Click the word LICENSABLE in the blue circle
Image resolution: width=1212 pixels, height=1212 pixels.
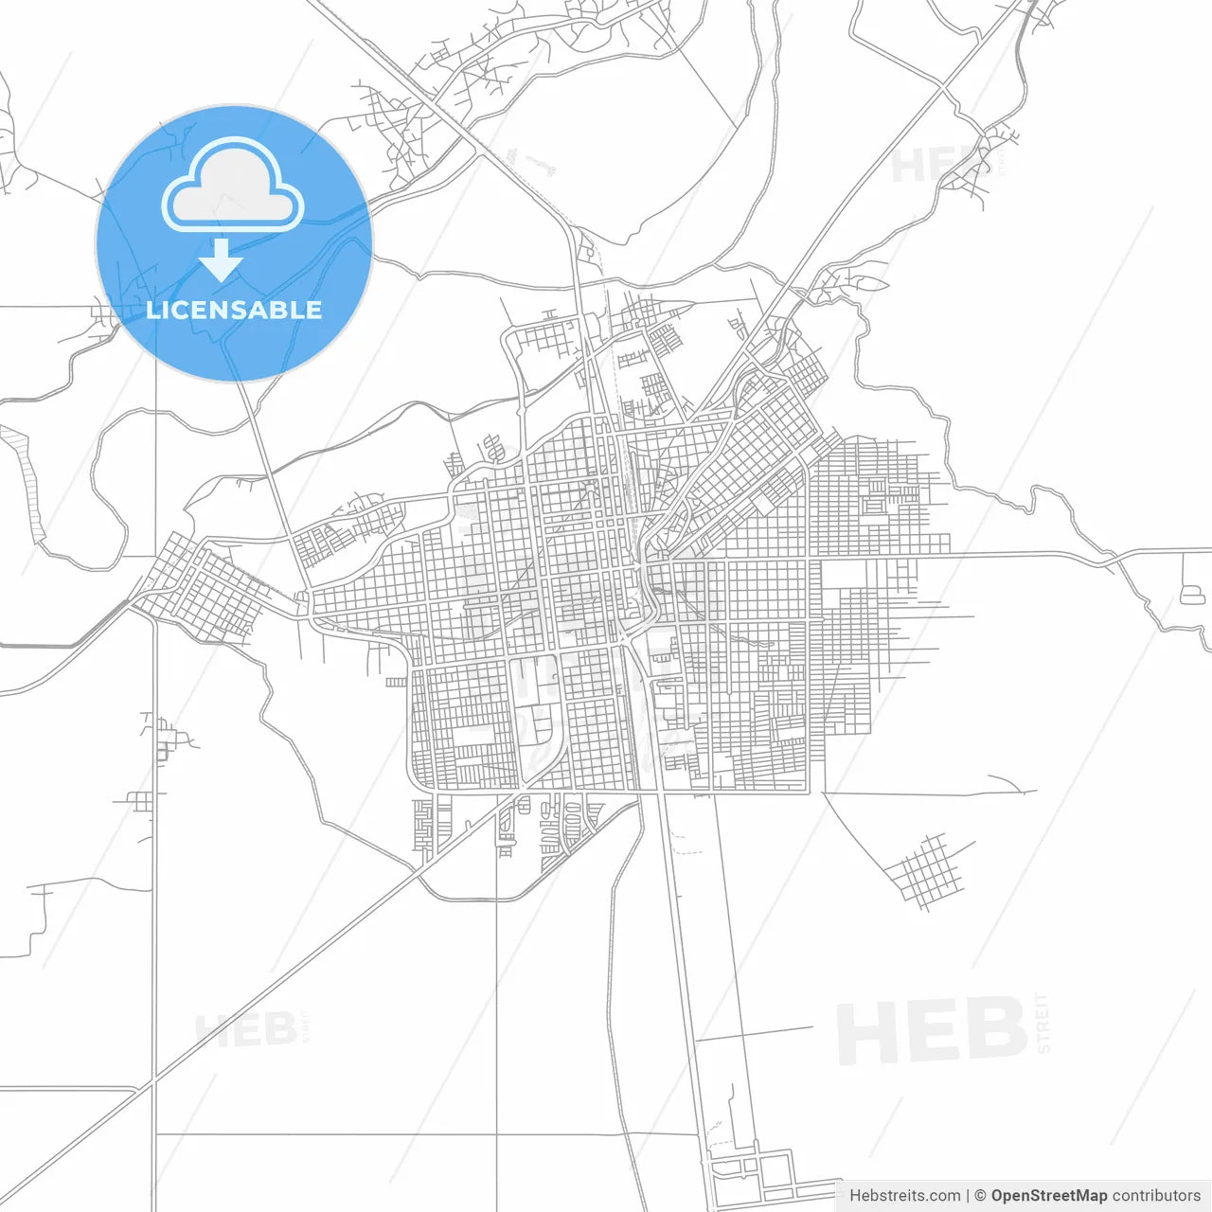pyautogui.click(x=234, y=310)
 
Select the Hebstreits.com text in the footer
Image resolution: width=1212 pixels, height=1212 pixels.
pyautogui.click(x=904, y=1195)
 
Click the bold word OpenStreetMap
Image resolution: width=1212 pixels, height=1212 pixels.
pyautogui.click(x=1049, y=1195)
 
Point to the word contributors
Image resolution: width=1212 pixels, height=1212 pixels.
pyautogui.click(x=1156, y=1195)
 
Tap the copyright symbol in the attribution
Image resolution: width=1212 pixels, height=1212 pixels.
pyautogui.click(x=981, y=1195)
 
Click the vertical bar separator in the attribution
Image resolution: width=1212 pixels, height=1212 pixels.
pyautogui.click(x=968, y=1195)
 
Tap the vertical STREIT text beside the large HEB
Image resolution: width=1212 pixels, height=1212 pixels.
pyautogui.click(x=1043, y=1023)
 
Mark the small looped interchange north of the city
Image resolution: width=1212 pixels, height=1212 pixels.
pyautogui.click(x=586, y=251)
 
